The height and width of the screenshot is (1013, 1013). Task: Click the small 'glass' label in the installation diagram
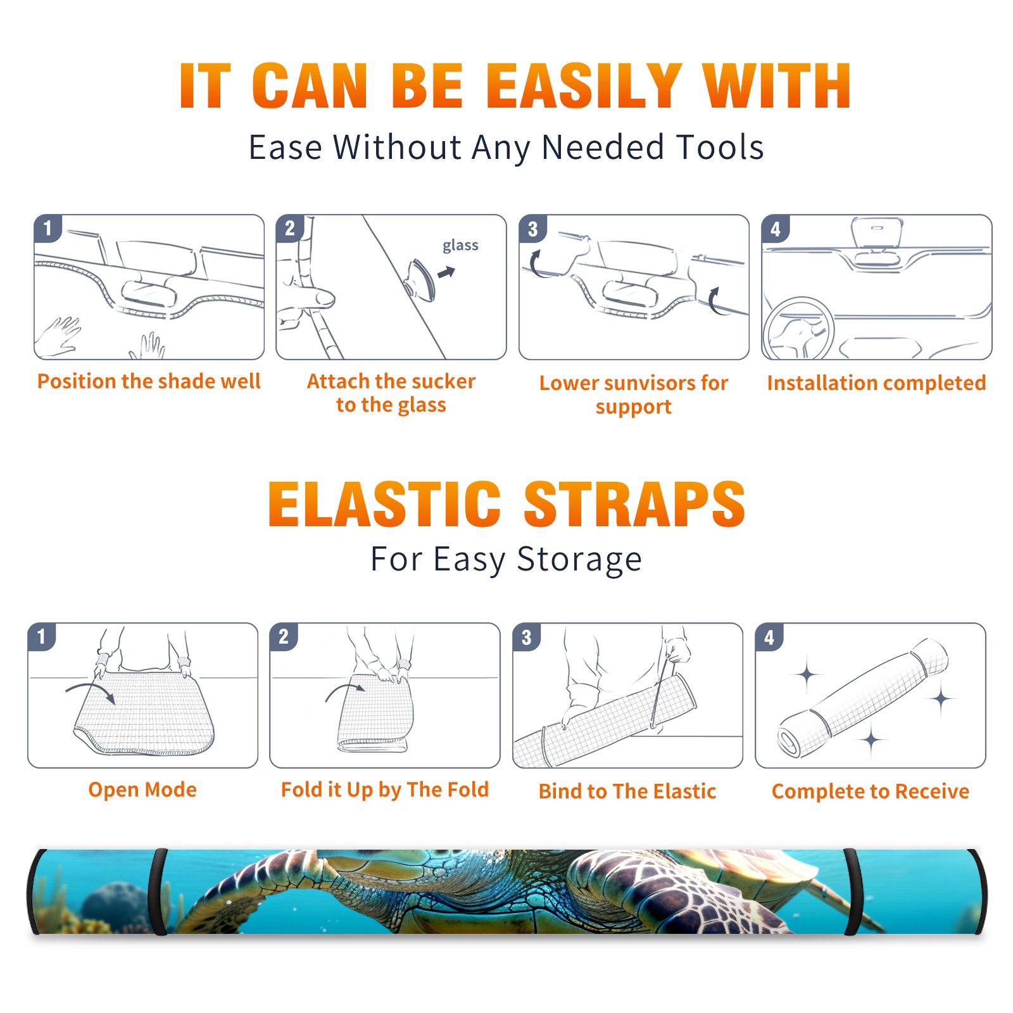coord(460,246)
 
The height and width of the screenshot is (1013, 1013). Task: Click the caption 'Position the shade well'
coord(149,381)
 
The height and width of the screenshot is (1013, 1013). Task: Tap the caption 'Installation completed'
coord(876,383)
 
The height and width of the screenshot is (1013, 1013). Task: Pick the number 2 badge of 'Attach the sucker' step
coord(289,228)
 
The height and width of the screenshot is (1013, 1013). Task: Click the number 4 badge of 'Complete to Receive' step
coord(769,637)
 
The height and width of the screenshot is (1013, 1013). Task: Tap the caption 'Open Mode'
coord(142,790)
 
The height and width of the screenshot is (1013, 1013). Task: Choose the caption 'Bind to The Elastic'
coord(627,791)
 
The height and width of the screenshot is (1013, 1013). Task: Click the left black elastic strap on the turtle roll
coord(158,891)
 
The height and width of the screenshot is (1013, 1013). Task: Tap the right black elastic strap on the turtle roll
coord(852,891)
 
